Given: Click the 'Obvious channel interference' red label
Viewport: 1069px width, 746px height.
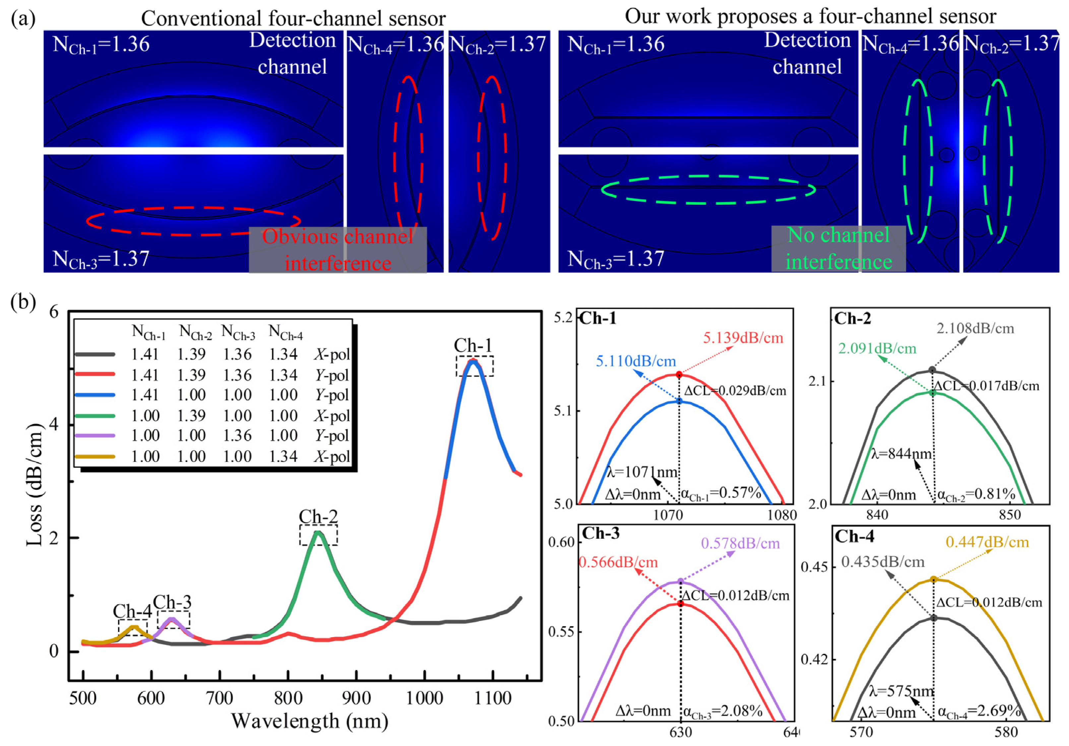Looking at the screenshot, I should pyautogui.click(x=338, y=250).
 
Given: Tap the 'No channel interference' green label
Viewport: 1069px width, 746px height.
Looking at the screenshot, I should pyautogui.click(x=839, y=249).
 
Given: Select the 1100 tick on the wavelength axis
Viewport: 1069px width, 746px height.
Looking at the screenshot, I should pyautogui.click(x=493, y=698).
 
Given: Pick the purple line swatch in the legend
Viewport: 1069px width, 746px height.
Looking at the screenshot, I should pyautogui.click(x=94, y=435).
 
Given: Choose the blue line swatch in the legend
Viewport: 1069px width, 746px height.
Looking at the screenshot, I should pyautogui.click(x=94, y=395).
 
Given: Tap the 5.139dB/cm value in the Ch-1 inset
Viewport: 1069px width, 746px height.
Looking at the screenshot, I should pyautogui.click(x=743, y=338).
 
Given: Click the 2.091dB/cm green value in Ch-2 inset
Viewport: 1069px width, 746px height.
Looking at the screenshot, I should pyautogui.click(x=877, y=348).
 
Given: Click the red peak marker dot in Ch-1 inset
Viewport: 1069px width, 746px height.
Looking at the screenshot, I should pyautogui.click(x=679, y=374).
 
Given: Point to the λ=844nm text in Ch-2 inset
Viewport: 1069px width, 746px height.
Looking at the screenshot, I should pyautogui.click(x=901, y=453).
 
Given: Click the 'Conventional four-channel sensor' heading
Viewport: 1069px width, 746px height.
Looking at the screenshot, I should pyautogui.click(x=293, y=19).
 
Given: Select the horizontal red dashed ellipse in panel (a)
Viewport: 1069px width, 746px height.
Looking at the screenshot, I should pyautogui.click(x=193, y=221).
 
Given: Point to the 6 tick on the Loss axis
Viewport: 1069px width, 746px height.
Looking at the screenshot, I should pyautogui.click(x=54, y=312).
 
